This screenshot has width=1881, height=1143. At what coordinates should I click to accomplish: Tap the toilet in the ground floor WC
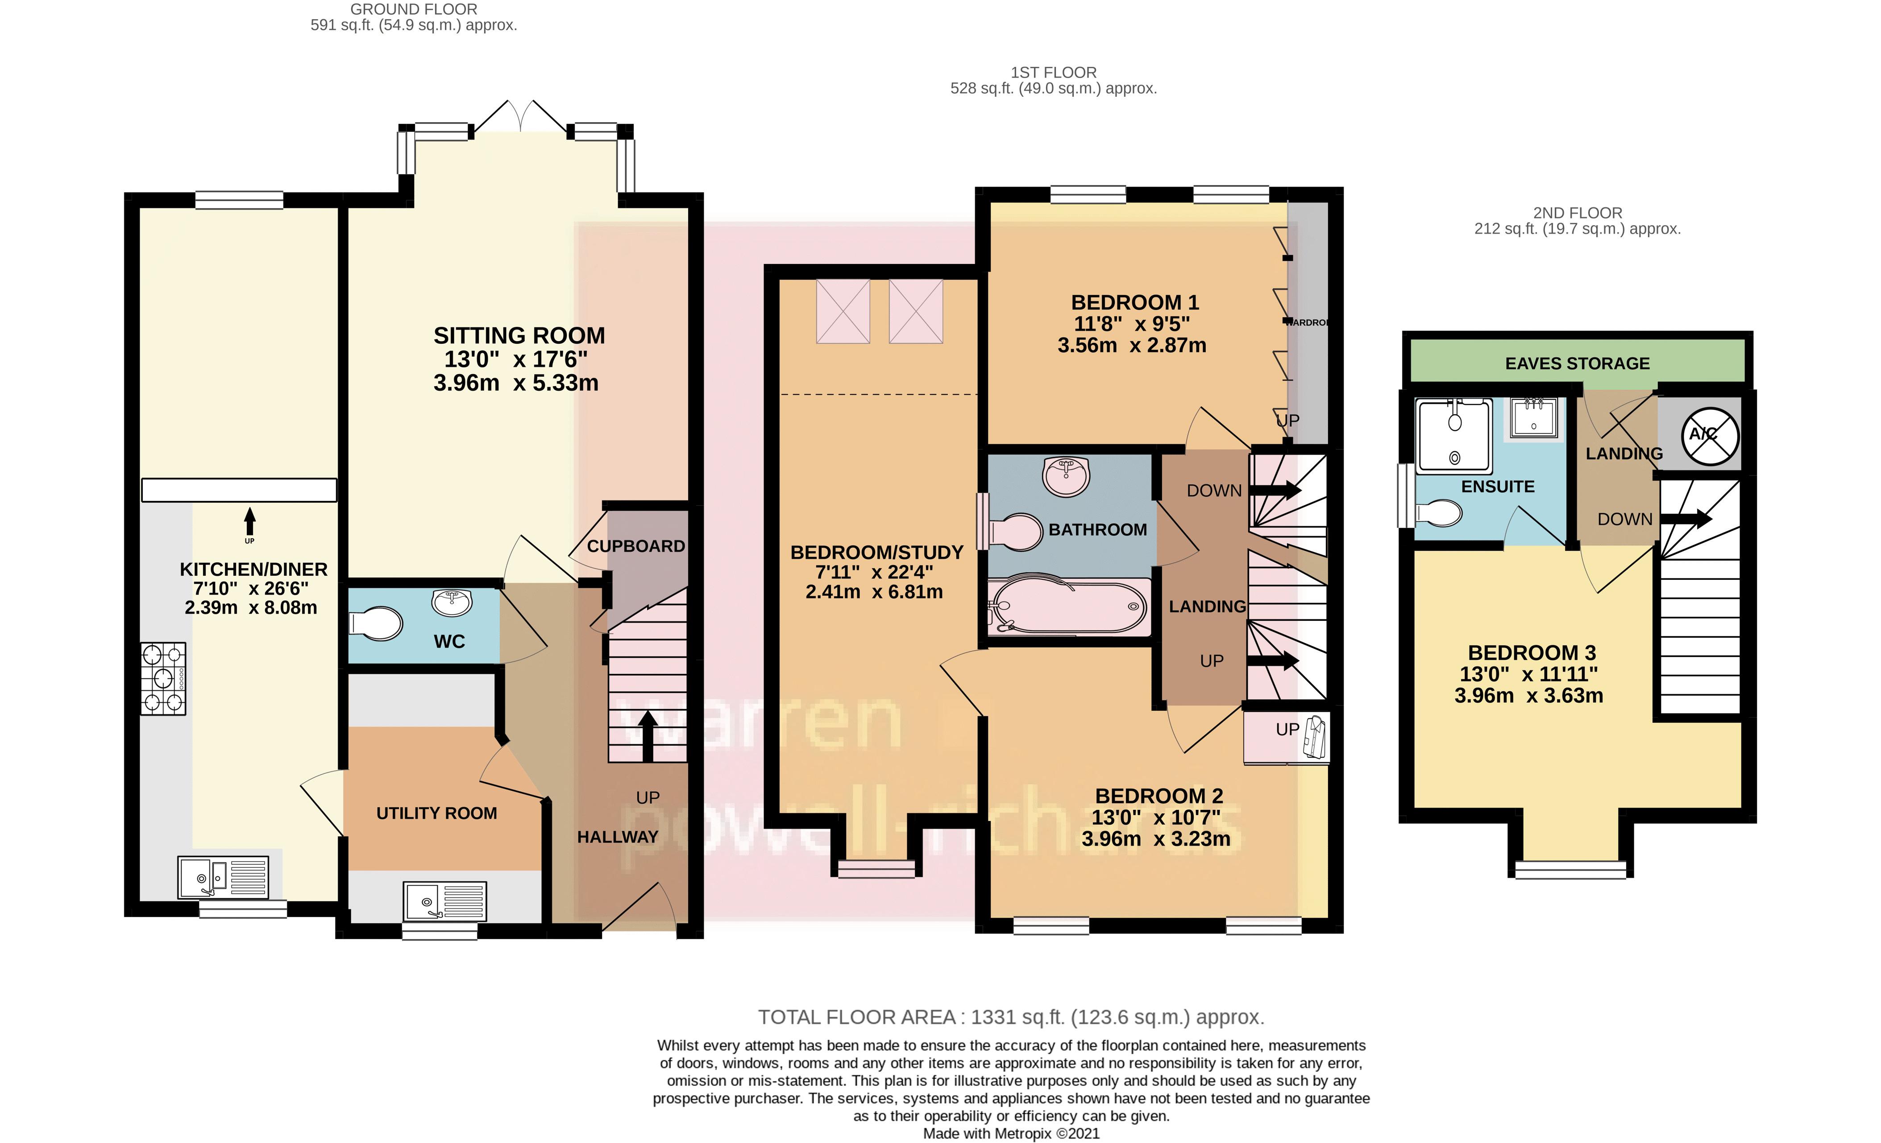click(376, 623)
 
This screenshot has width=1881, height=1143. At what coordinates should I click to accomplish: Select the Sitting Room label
click(519, 336)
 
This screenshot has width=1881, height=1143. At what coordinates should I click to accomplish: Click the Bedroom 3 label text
click(1532, 653)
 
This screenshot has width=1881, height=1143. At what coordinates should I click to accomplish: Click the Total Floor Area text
click(1010, 1017)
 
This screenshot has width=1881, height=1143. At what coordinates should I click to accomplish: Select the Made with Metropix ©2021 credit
click(1011, 1134)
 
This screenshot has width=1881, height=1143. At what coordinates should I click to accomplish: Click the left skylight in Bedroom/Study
click(843, 311)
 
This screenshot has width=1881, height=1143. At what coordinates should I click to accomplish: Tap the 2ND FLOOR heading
click(1577, 213)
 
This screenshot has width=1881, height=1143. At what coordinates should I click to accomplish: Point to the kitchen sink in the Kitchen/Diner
click(223, 877)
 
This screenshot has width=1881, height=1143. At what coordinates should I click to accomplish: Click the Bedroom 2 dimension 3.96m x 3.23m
click(1156, 839)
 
